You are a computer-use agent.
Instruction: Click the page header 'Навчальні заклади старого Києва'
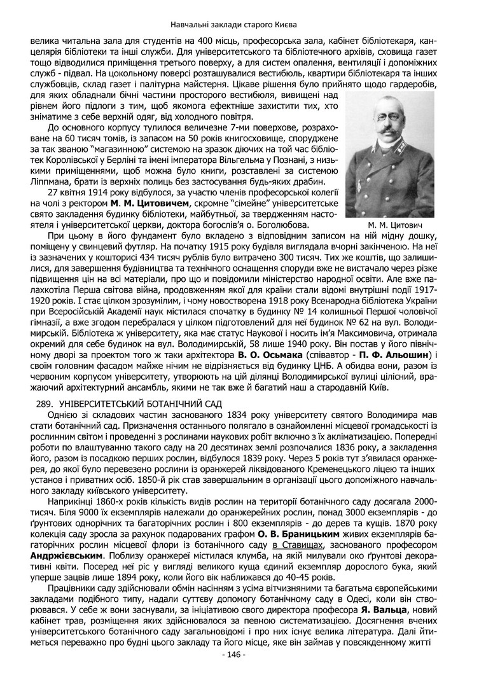click(242, 25)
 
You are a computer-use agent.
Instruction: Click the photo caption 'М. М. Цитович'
click(389, 225)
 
